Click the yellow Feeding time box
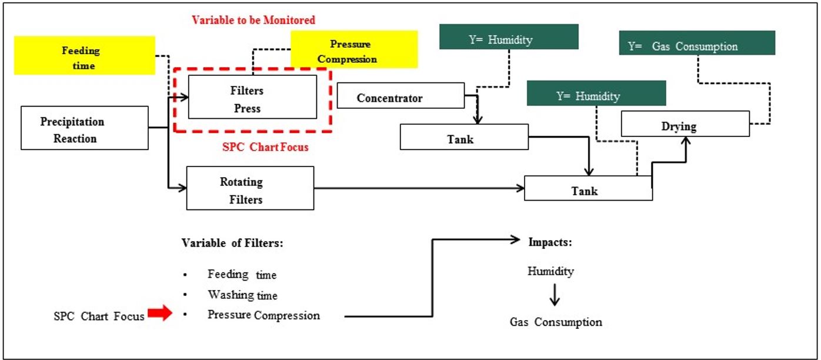point(84,55)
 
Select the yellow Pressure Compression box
point(354,49)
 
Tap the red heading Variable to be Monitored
point(253,20)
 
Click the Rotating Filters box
point(250,188)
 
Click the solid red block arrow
point(159,314)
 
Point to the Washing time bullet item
point(242,295)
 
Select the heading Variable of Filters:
point(232,244)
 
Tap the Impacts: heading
point(550,242)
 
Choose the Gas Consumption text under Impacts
point(556,322)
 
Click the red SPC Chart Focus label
point(265,147)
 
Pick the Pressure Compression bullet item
point(263,315)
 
